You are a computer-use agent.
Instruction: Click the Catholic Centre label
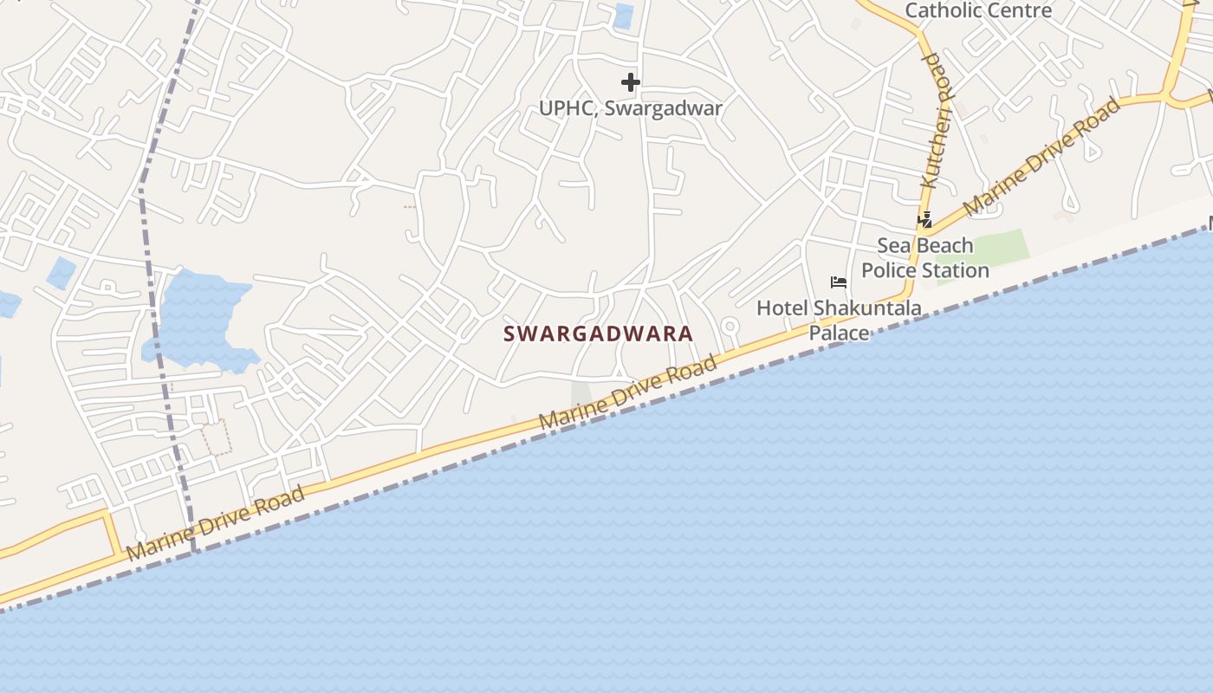point(977,10)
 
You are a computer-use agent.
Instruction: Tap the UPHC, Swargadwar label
point(631,108)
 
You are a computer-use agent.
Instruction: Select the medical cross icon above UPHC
point(631,82)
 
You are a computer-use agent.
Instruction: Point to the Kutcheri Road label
point(932,121)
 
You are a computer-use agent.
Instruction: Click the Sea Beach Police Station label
point(925,258)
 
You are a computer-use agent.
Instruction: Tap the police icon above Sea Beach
point(924,220)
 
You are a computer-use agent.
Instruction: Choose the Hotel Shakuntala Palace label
point(839,320)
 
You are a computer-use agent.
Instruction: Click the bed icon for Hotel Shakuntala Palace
point(838,282)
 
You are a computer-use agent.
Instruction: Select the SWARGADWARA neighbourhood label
point(599,334)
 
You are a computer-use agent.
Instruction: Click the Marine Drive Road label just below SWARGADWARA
point(628,392)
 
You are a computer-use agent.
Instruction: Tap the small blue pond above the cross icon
point(622,16)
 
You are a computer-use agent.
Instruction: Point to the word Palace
point(839,333)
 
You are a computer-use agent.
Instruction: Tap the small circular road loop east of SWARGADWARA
point(730,327)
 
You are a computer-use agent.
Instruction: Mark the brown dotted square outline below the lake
point(217,437)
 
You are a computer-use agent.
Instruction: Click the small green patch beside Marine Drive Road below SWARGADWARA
point(581,394)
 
